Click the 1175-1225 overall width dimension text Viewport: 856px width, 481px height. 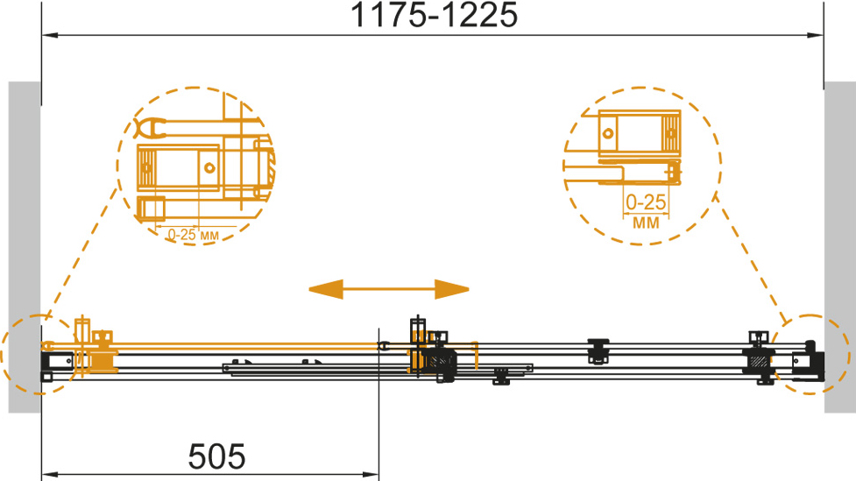pos(434,15)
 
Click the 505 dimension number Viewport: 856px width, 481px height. pos(216,456)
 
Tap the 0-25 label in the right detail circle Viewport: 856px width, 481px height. pos(646,202)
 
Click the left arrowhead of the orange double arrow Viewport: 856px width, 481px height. pos(326,289)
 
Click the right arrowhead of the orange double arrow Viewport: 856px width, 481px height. pos(452,289)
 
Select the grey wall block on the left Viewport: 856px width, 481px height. pos(25,247)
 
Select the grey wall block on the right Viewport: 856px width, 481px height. pos(839,247)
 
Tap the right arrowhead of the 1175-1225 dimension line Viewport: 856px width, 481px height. pos(816,36)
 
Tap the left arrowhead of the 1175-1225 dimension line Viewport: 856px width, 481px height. pos(50,36)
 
